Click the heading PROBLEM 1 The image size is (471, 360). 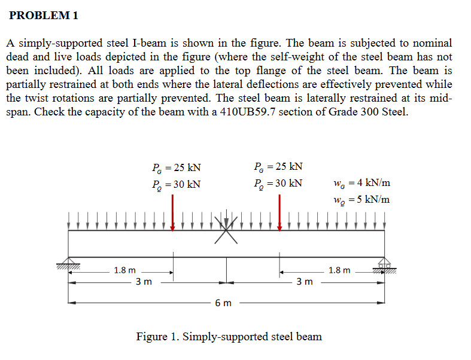coord(44,16)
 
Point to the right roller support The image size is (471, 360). coord(384,263)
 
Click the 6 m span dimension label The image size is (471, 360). coord(223,303)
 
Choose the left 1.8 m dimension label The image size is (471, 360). coord(124,270)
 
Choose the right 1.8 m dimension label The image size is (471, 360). coord(339,270)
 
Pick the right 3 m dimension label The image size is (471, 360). coord(305,281)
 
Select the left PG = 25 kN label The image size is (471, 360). coord(177,168)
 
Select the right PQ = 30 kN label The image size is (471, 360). coord(278,183)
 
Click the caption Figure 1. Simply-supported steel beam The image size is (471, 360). coord(229,337)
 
